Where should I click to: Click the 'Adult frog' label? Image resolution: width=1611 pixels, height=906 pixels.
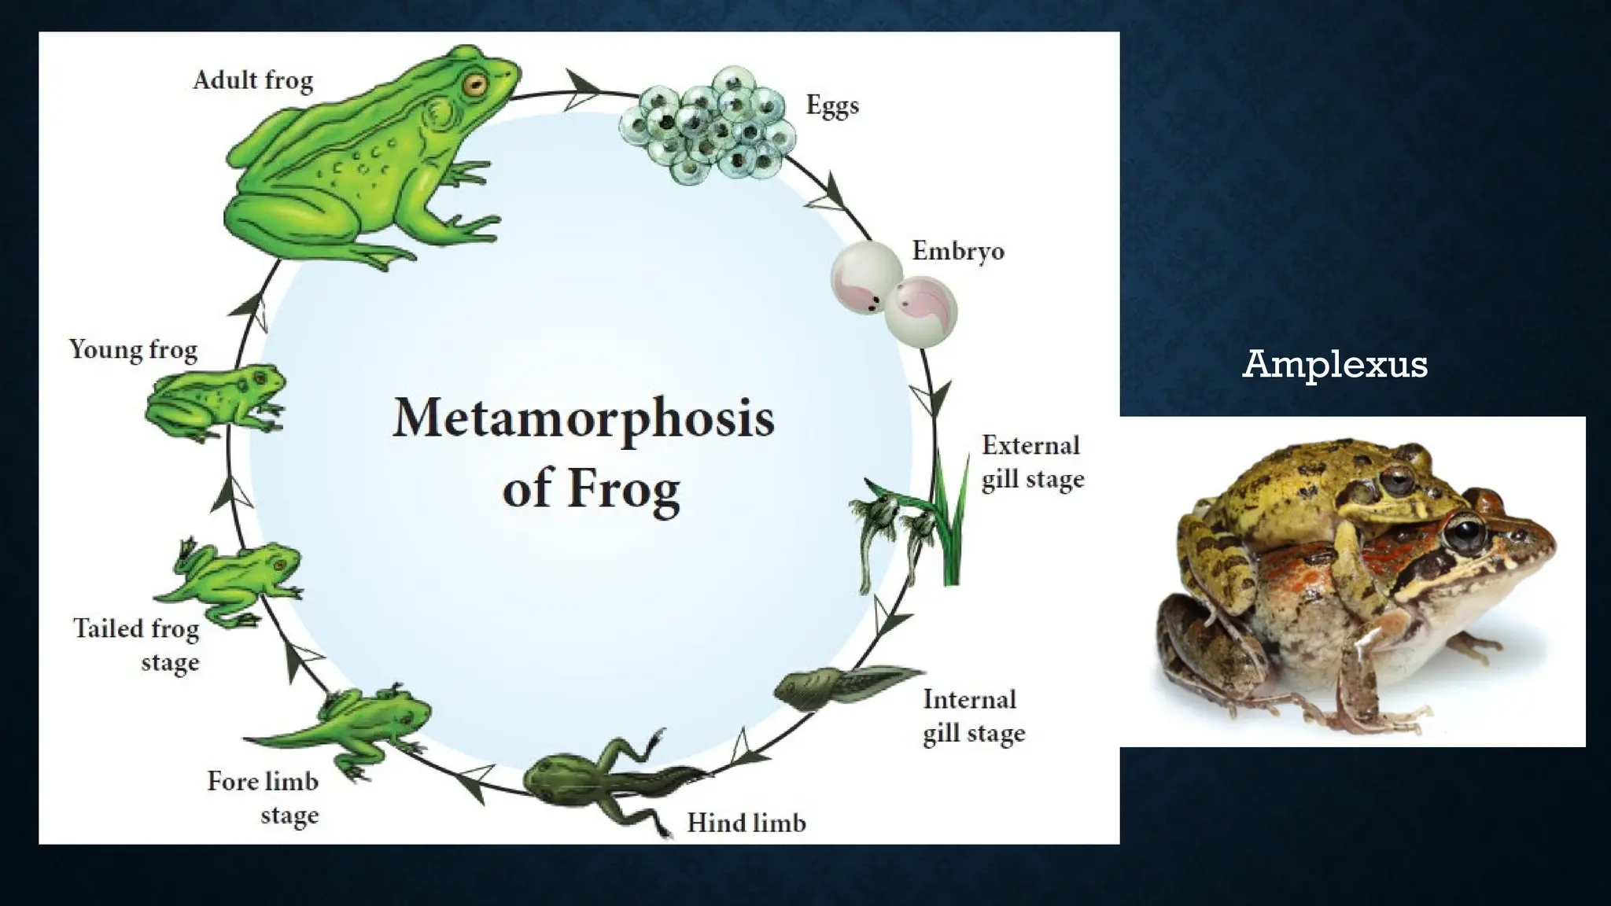click(x=253, y=80)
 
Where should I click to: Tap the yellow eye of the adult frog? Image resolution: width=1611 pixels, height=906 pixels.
click(x=474, y=85)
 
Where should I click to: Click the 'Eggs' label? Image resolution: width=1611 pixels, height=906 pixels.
click(x=831, y=105)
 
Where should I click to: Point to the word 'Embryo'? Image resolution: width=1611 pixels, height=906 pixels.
click(x=957, y=251)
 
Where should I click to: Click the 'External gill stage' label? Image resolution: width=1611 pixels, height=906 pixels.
click(x=1032, y=462)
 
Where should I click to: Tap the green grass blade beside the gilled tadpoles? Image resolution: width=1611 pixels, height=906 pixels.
click(x=953, y=527)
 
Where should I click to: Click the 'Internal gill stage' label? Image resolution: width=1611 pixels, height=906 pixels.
click(x=973, y=716)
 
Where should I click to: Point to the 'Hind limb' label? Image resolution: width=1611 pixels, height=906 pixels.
click(x=746, y=823)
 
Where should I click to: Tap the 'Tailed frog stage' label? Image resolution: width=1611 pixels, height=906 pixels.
click(x=137, y=644)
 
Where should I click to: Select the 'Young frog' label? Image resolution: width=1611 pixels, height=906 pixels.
click(x=133, y=349)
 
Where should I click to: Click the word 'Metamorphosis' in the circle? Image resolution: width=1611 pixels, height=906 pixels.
click(x=583, y=418)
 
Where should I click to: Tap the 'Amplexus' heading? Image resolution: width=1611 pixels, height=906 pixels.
click(x=1334, y=364)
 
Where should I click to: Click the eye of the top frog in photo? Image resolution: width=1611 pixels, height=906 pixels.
click(x=1397, y=480)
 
